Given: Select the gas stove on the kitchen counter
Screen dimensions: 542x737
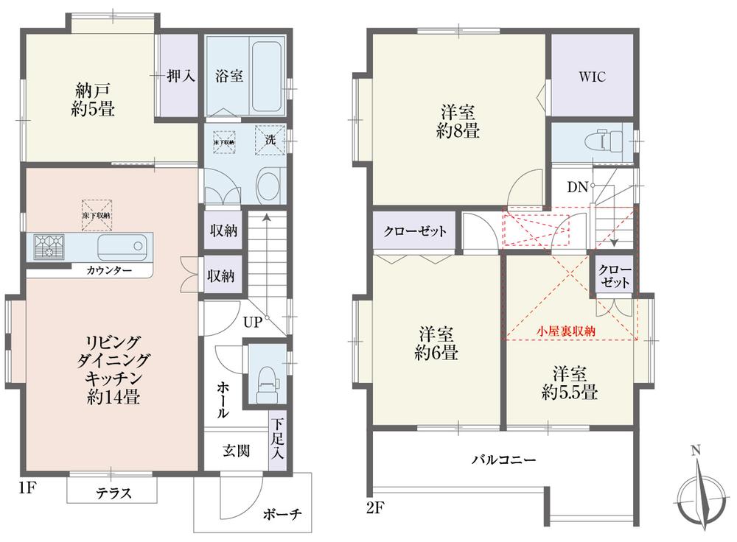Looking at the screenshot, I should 48,245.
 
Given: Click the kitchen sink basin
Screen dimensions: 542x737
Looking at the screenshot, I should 117,245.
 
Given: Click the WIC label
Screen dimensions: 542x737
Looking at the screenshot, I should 593,76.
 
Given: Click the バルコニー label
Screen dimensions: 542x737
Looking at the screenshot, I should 503,460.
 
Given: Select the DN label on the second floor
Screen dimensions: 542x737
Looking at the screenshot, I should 576,187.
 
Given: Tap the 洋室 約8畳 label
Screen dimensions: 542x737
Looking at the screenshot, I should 458,122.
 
